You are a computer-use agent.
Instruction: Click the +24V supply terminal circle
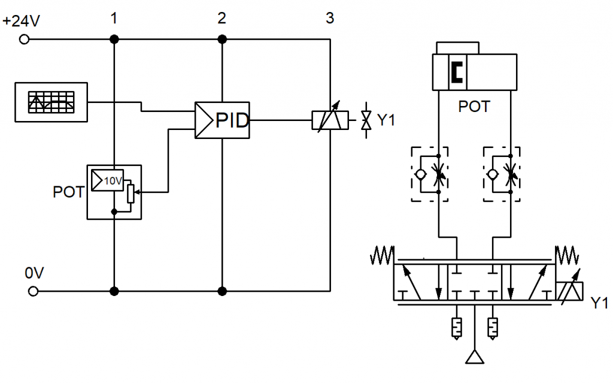[x=24, y=39]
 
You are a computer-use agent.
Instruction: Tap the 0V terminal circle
[x=34, y=291]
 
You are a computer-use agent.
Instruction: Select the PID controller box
[x=222, y=120]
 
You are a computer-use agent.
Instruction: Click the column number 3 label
[x=330, y=18]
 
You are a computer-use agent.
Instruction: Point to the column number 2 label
[x=221, y=18]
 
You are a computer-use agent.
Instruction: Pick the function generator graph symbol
[x=51, y=102]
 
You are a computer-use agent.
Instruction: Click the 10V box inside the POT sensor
[x=108, y=180]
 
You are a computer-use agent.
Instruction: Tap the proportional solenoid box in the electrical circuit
[x=330, y=120]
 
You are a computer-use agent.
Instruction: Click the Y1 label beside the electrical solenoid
[x=386, y=120]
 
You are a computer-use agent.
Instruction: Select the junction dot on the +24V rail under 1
[x=114, y=39]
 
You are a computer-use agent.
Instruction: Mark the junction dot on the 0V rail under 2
[x=222, y=291]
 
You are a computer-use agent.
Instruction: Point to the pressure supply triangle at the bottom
[x=475, y=356]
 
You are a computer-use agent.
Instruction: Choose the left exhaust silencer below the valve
[x=456, y=328]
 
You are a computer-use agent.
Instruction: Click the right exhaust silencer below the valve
[x=493, y=328]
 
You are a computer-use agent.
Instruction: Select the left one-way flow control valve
[x=430, y=174]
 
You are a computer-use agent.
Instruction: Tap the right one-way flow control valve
[x=502, y=174]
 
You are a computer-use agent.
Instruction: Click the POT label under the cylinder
[x=474, y=107]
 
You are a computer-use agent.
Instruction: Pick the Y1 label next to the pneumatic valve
[x=599, y=303]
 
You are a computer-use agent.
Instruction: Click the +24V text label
[x=21, y=21]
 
